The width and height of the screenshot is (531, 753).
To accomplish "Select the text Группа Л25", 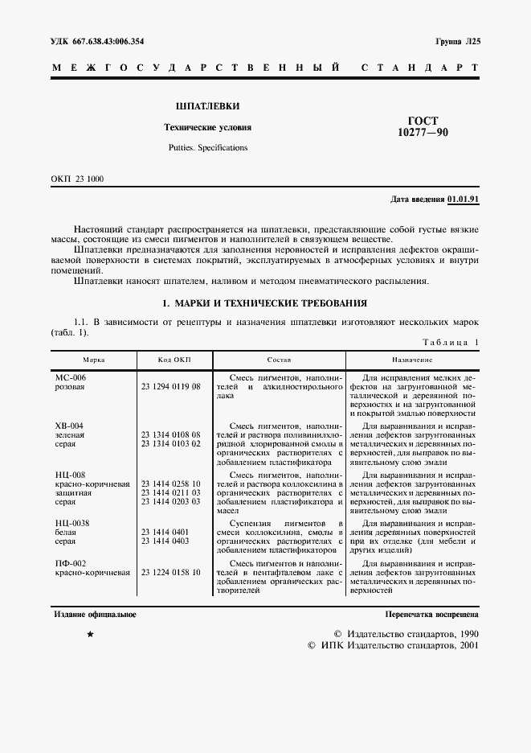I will pyautogui.click(x=456, y=41).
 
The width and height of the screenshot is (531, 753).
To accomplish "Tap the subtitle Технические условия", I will pyautogui.click(x=207, y=127).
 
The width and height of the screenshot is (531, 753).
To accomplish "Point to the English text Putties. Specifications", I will pyautogui.click(x=207, y=148).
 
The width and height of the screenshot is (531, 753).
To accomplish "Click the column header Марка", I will pyautogui.click(x=94, y=360).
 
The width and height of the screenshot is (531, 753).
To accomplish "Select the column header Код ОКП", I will pyautogui.click(x=174, y=360).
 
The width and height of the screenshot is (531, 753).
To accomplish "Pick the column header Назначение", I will pyautogui.click(x=413, y=360).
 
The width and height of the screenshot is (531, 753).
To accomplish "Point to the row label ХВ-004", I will pyautogui.click(x=68, y=426).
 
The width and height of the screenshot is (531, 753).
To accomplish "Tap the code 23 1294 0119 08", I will pyautogui.click(x=170, y=386).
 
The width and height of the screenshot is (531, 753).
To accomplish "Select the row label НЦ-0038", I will pyautogui.click(x=71, y=523).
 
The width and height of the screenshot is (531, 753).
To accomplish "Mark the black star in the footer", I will pyautogui.click(x=90, y=636).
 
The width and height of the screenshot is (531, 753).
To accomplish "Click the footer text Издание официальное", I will pyautogui.click(x=95, y=615).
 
